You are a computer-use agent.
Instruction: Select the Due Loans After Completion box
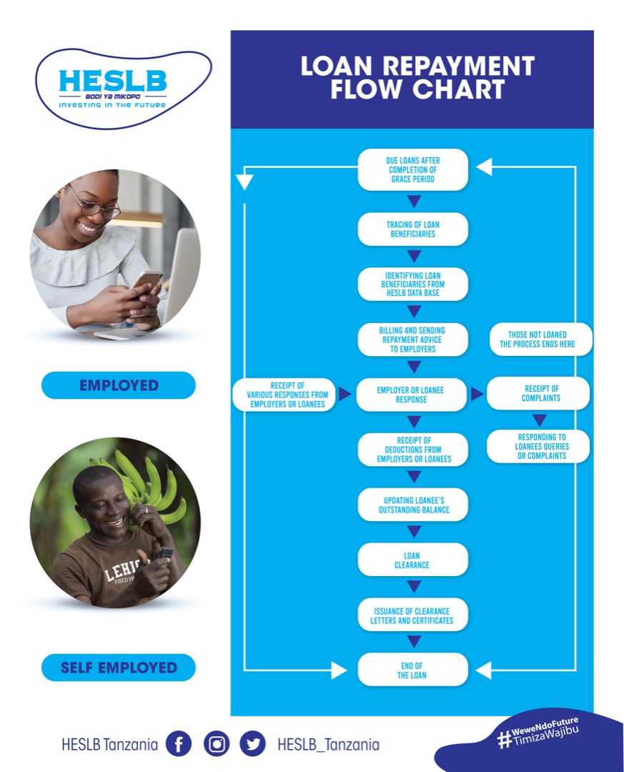pos(412,169)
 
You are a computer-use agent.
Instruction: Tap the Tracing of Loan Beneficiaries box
pos(412,229)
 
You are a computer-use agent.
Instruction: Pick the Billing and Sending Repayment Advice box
pos(412,340)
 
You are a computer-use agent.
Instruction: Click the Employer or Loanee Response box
pos(412,395)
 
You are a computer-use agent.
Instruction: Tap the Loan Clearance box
pos(412,560)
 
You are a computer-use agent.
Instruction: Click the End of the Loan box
pos(412,670)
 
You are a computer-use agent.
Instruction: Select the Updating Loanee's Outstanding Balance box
pos(412,505)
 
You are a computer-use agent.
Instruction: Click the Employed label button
pos(118,385)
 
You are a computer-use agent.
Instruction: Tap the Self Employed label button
pos(118,668)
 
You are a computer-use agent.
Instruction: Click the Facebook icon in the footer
pos(179,744)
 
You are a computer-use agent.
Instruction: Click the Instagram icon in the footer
pos(216,744)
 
